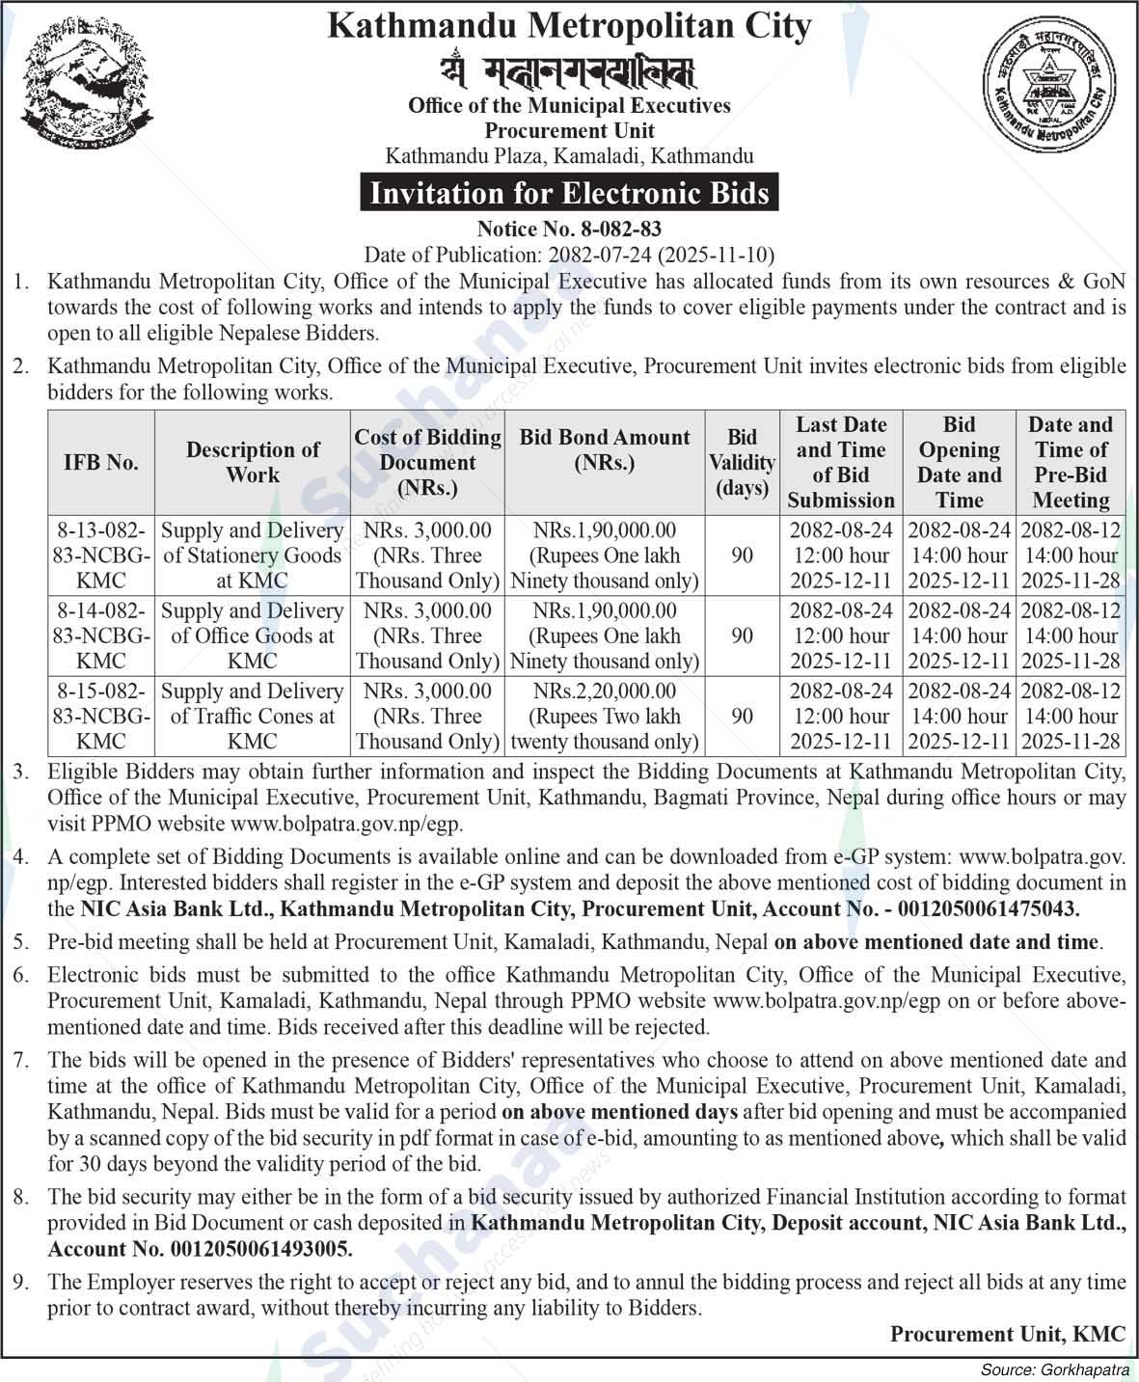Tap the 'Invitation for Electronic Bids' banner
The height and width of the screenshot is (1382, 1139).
tap(569, 193)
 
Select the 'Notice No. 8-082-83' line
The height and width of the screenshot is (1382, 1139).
tap(569, 230)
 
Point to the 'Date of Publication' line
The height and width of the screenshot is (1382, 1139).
tap(569, 255)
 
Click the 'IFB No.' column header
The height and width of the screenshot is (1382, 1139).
tap(101, 462)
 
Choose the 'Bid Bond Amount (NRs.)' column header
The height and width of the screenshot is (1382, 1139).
tap(605, 449)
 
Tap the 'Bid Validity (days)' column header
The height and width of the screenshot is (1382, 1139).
tap(742, 462)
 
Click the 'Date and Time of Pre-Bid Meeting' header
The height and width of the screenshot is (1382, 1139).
tap(1071, 462)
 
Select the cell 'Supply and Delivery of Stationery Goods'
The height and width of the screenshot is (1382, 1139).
tap(253, 556)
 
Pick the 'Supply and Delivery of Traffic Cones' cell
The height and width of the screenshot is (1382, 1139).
tap(253, 716)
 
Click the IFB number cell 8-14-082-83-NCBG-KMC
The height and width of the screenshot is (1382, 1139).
tap(101, 636)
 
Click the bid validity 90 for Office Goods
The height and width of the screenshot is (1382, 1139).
tap(742, 636)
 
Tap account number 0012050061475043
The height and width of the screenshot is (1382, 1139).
tap(989, 908)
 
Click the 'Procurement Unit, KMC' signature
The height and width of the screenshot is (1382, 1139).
tap(1007, 1334)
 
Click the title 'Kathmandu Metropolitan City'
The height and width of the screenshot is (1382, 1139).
tap(569, 26)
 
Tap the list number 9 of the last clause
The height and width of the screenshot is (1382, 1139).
tap(21, 1283)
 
